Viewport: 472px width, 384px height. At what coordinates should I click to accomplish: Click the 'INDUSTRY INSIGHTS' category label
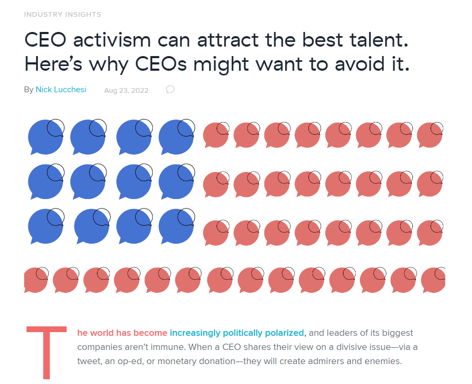pyautogui.click(x=62, y=14)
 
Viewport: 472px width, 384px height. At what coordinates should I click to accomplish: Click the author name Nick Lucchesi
pyautogui.click(x=61, y=90)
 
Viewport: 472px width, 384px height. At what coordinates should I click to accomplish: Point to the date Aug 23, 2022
pyautogui.click(x=126, y=90)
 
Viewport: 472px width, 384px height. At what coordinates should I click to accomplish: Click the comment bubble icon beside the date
pyautogui.click(x=170, y=90)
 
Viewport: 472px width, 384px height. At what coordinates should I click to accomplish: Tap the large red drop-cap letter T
pyautogui.click(x=46, y=352)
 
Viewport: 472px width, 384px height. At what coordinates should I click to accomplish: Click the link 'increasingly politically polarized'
pyautogui.click(x=237, y=333)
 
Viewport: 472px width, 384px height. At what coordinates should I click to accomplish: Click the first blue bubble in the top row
pyautogui.click(x=45, y=138)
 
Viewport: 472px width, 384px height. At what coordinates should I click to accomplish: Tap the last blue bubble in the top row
pyautogui.click(x=176, y=138)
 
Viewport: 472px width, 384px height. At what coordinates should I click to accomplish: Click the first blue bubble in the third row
pyautogui.click(x=45, y=226)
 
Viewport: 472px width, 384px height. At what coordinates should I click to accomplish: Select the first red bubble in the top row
pyautogui.click(x=215, y=135)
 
